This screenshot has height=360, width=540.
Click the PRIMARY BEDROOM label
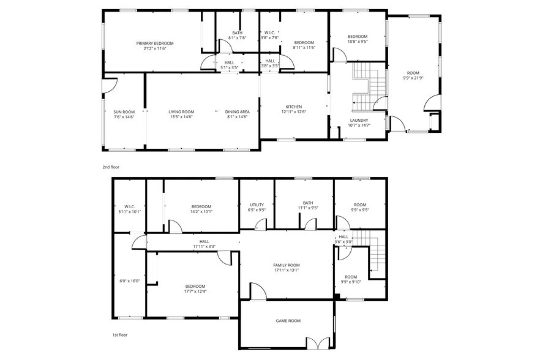154,43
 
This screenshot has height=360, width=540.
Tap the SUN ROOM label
124,112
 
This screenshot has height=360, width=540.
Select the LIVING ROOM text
181,112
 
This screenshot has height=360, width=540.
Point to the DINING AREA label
236,112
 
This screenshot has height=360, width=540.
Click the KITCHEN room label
293,107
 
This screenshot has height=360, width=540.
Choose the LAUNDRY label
359,121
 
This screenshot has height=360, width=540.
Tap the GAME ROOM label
288,321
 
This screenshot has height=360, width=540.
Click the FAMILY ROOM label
286,265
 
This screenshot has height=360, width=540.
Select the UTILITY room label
257,204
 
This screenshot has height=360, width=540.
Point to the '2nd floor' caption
110,167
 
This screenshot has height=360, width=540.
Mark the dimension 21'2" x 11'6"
154,48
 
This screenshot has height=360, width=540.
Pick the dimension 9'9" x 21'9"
414,78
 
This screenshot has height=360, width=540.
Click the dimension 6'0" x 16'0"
130,281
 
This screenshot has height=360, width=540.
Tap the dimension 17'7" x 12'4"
195,291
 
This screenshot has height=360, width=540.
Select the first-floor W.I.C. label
129,207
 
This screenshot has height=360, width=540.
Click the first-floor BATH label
307,203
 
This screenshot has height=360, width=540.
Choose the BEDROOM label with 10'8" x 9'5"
358,37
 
